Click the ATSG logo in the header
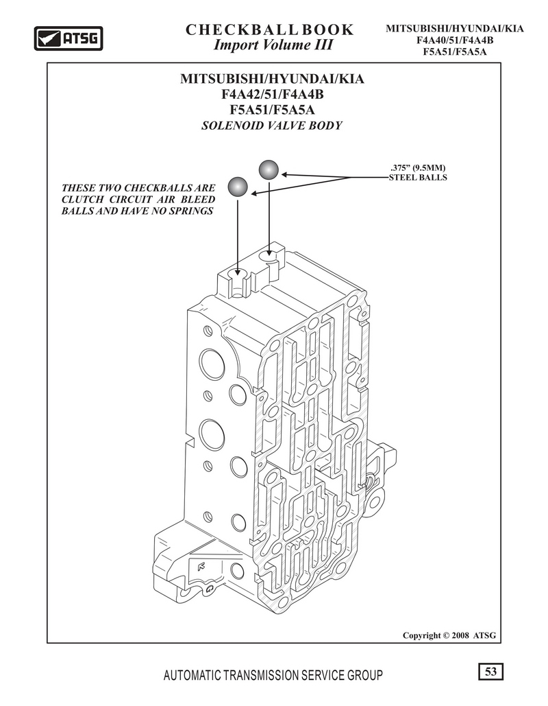[68, 38]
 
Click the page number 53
[491, 671]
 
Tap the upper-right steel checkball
[269, 169]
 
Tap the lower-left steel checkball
[238, 187]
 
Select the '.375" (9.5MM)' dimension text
[418, 168]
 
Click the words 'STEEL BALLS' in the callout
[418, 178]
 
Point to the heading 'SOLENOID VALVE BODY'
[271, 126]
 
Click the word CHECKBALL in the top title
[242, 30]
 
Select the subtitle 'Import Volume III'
[273, 45]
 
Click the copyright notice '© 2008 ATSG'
[469, 635]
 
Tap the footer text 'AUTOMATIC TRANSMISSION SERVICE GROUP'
[273, 675]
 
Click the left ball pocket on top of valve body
[237, 273]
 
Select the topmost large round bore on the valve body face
[212, 364]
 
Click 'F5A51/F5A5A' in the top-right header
[455, 51]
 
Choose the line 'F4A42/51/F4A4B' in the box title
[273, 95]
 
